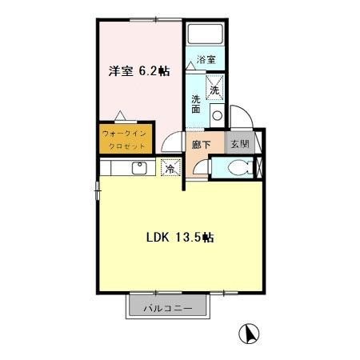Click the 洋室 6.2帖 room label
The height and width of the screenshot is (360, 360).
tap(139, 71)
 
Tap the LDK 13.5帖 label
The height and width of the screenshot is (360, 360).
tap(180, 237)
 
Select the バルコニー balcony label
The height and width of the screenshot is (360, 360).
tap(168, 309)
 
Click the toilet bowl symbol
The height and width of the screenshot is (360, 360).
tap(240, 167)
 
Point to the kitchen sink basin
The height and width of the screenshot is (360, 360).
tap(139, 168)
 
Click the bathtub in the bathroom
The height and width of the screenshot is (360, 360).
tap(205, 34)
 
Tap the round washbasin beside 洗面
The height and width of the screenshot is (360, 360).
tap(217, 116)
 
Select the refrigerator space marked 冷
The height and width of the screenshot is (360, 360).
tap(171, 167)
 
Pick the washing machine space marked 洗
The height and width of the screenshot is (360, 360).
tap(214, 87)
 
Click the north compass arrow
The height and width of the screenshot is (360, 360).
tap(250, 334)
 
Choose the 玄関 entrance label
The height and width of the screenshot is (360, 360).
tap(240, 144)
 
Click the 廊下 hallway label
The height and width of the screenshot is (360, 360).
tap(202, 145)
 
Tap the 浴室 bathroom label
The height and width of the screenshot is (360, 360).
tap(206, 59)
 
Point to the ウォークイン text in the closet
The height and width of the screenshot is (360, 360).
tap(124, 134)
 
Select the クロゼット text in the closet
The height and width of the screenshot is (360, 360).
tap(127, 146)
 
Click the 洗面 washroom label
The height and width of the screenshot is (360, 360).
tap(196, 104)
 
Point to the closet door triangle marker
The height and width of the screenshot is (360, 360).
tap(120, 115)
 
